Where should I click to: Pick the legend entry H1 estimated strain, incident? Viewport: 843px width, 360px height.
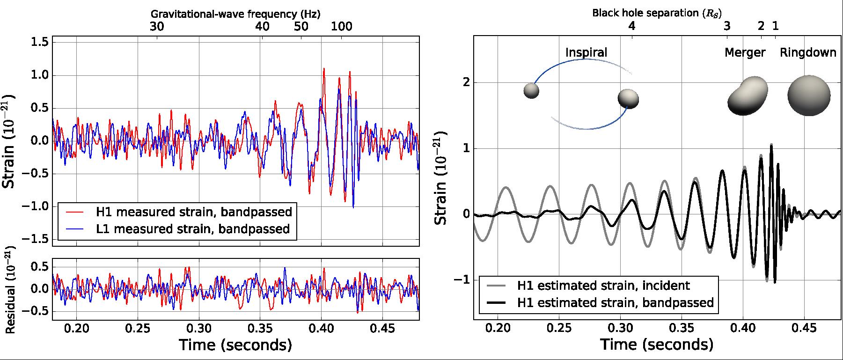point(603,285)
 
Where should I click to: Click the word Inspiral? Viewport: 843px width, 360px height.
point(586,52)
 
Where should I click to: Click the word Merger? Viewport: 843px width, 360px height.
point(745,52)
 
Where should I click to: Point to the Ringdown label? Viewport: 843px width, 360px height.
point(808,52)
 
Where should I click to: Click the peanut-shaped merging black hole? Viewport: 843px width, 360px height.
point(748,96)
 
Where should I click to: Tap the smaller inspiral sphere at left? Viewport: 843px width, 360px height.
point(531,91)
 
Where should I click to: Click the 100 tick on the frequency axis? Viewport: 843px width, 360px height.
point(342,26)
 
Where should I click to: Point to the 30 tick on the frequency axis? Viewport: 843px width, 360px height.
point(157,26)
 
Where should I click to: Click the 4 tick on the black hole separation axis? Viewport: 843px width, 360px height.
point(632,26)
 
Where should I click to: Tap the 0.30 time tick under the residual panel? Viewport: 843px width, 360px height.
point(199,328)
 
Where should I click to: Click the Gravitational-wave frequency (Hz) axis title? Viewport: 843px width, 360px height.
point(235,14)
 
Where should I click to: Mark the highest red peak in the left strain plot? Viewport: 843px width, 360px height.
point(324,69)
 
